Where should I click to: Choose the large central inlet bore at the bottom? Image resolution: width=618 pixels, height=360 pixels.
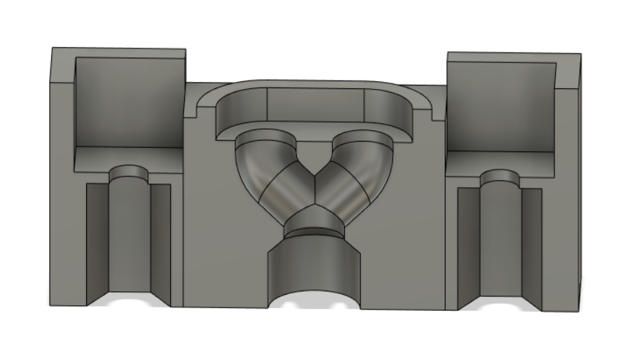313,266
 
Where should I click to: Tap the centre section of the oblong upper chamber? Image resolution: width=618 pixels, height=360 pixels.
315,105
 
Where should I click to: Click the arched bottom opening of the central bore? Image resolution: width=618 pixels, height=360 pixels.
313,300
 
